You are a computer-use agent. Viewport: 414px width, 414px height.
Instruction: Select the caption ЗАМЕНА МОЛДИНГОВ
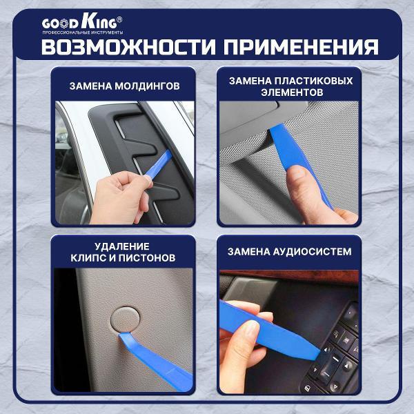125,87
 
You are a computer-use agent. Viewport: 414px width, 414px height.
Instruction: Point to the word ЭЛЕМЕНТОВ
289,92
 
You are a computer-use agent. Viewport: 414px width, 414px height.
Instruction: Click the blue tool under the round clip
155,357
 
